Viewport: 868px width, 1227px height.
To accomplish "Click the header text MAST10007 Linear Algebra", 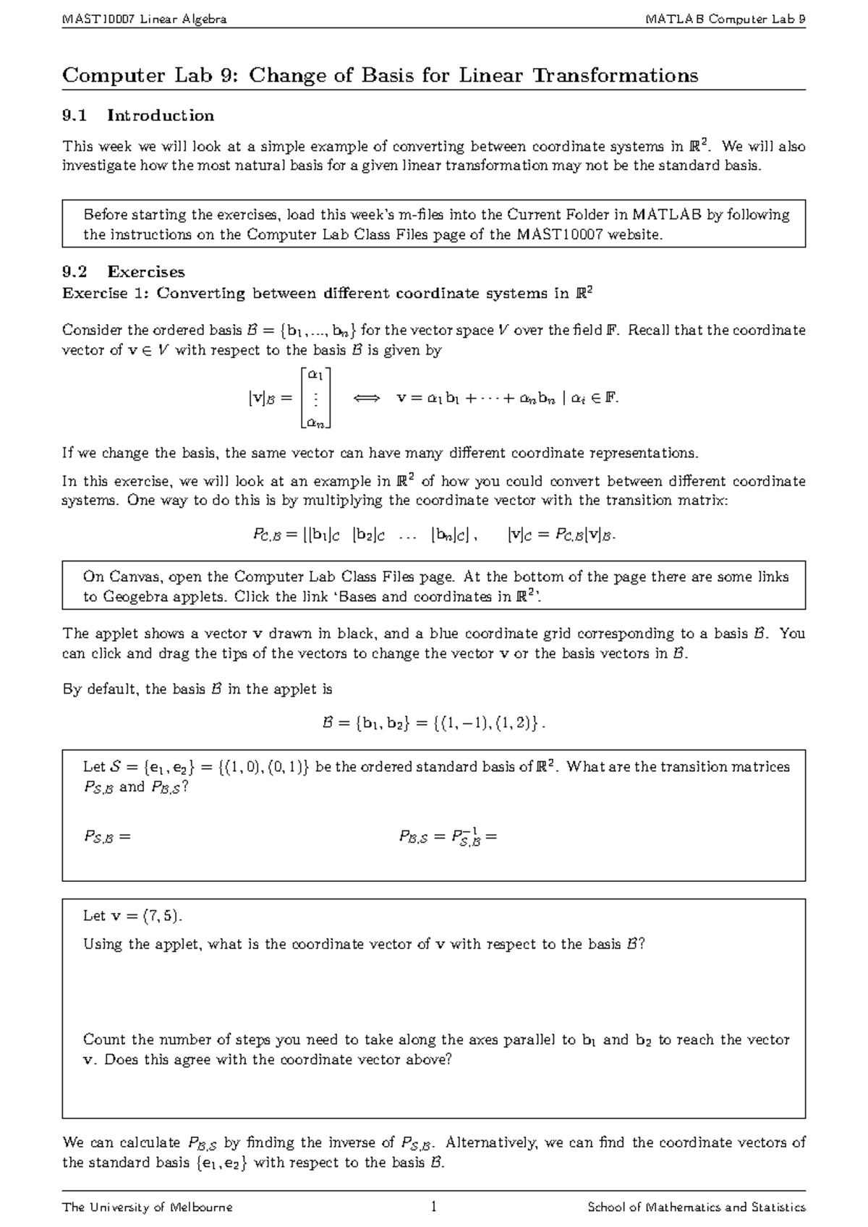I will pos(145,20).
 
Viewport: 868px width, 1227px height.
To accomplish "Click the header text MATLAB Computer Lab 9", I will pos(726,20).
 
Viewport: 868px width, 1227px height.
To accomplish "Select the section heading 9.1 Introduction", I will pos(138,116).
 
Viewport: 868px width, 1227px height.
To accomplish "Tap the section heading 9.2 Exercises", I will pos(124,272).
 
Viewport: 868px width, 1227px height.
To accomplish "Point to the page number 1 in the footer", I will pos(433,1207).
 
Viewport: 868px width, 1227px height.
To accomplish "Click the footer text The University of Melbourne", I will pos(148,1207).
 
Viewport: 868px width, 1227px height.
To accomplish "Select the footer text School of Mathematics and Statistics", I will pos(696,1207).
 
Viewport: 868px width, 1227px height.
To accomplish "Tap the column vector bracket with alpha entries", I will pos(316,398).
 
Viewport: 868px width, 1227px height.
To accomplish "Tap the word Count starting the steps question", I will pos(104,1040).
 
